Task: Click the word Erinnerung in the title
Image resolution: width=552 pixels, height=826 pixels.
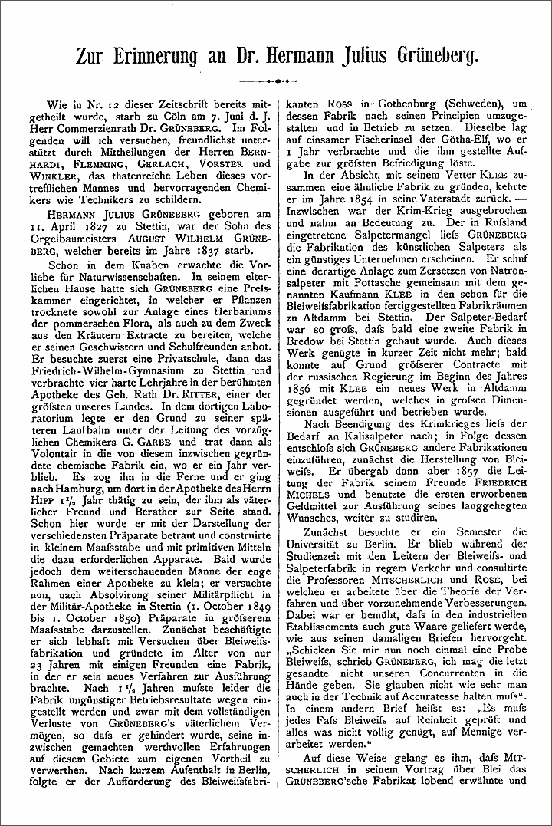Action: click(163, 56)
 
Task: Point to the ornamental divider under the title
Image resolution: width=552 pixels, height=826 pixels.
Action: click(276, 80)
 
